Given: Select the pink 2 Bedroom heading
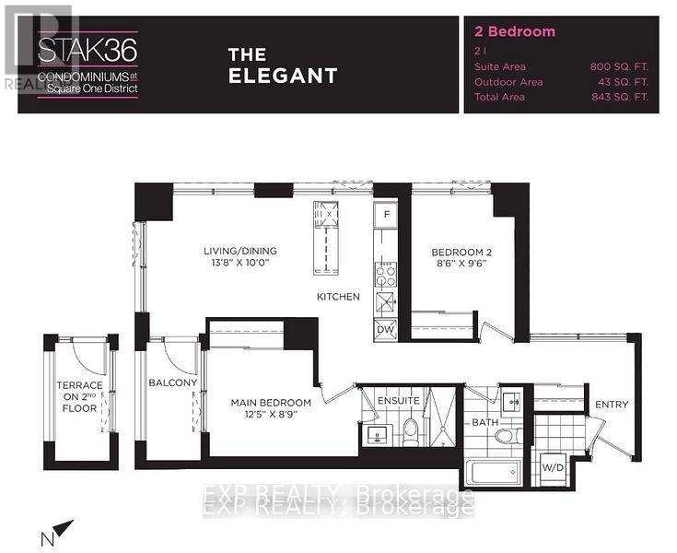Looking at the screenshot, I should coord(514,31).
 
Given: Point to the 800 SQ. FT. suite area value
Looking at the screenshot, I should coord(620,66).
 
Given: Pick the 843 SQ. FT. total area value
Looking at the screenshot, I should coord(620,96).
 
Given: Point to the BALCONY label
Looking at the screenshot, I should coord(172,382).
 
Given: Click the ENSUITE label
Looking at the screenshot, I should coord(398,400).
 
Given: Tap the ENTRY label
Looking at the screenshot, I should coord(612,405).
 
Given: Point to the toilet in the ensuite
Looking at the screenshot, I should coord(411,429).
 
